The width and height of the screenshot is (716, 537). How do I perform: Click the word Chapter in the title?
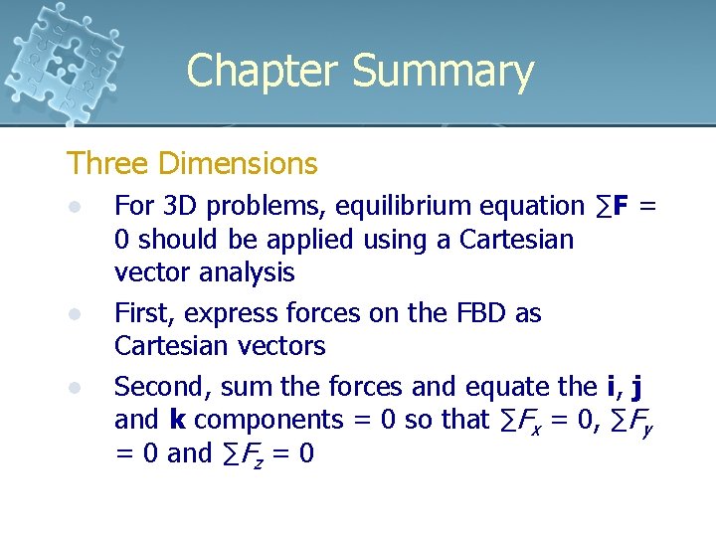pos(262,72)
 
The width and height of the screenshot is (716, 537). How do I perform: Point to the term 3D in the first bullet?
pos(180,206)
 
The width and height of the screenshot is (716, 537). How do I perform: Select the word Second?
pos(163,386)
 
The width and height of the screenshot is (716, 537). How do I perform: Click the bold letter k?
pos(178,420)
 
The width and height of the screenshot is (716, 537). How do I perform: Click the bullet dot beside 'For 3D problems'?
pos(73,207)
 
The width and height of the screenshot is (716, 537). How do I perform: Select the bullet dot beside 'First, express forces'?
pos(73,314)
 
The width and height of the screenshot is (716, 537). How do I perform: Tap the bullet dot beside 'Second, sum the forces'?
pos(73,387)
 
